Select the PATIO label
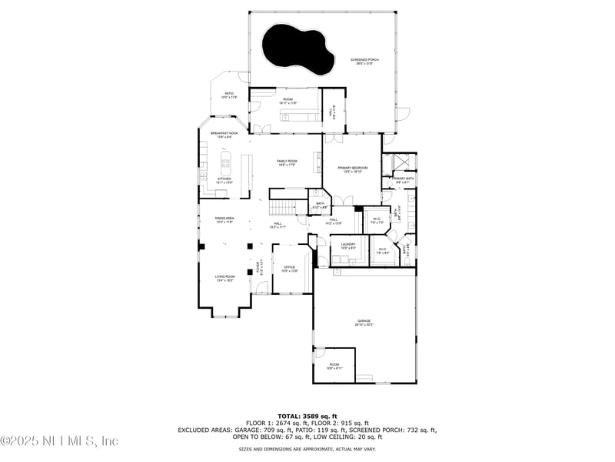tap(229, 95)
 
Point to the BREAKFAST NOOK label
tap(224, 134)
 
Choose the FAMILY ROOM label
tap(287, 162)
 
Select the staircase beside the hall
tap(282, 207)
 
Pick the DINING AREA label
tap(224, 219)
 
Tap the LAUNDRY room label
tap(347, 246)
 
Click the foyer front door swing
tap(261, 288)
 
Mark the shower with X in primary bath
tap(399, 163)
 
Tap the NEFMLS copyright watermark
tap(59, 440)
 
